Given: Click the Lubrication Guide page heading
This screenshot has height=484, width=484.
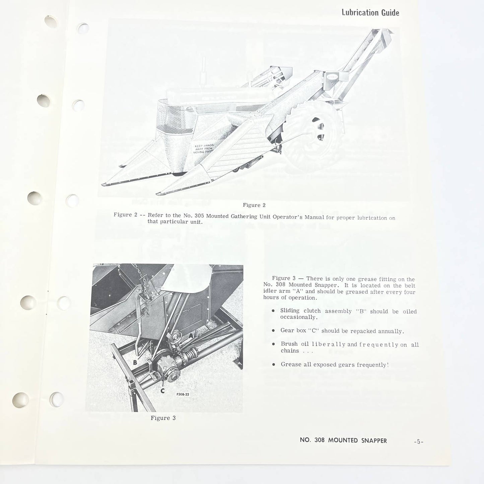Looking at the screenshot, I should pyautogui.click(x=370, y=13).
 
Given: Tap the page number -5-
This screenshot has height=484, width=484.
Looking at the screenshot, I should pyautogui.click(x=418, y=441).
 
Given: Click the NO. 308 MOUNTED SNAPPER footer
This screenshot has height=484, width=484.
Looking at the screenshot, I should pyautogui.click(x=343, y=440).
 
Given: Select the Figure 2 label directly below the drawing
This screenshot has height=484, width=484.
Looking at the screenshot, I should pyautogui.click(x=254, y=205).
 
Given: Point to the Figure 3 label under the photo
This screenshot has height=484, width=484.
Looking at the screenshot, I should pyautogui.click(x=163, y=418).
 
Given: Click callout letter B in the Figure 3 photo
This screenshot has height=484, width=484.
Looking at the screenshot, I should pyautogui.click(x=135, y=362).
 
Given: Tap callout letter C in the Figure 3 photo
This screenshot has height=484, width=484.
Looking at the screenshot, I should pyautogui.click(x=162, y=391).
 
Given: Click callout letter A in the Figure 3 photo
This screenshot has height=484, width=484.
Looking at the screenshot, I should pyautogui.click(x=191, y=335).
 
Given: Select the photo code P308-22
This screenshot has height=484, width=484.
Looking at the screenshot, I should pyautogui.click(x=183, y=394).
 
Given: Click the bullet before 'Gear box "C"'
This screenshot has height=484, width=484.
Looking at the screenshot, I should pyautogui.click(x=274, y=331).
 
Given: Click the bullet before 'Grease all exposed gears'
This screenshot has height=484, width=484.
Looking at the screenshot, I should pyautogui.click(x=274, y=364).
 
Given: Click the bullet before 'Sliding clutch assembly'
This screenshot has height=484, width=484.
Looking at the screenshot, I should pyautogui.click(x=274, y=311).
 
